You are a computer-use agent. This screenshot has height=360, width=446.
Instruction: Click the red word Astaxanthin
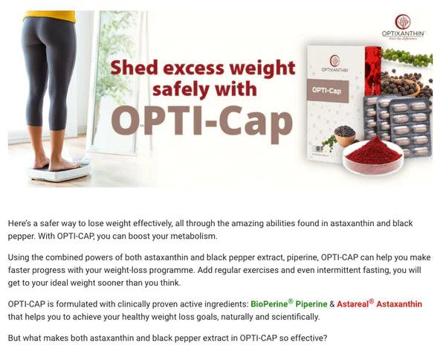(399, 304)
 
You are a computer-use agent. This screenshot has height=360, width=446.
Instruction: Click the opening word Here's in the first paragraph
(21, 224)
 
